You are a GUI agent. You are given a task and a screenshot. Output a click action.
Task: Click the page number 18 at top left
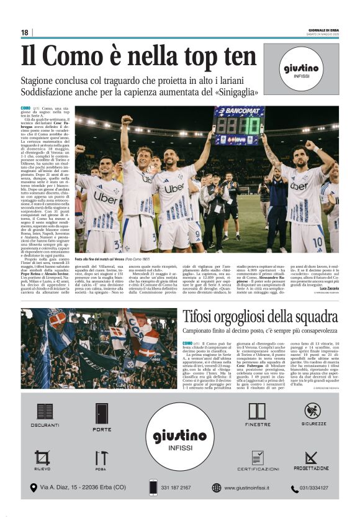(x=24, y=32)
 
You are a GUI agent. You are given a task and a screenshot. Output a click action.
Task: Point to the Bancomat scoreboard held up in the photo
(x=238, y=125)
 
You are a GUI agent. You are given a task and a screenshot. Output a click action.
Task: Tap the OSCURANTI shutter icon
(x=45, y=411)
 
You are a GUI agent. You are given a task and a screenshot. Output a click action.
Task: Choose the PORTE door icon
(x=102, y=413)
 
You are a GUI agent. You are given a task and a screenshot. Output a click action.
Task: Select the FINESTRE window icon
(x=257, y=411)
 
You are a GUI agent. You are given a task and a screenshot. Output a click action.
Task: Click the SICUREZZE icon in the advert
(x=312, y=411)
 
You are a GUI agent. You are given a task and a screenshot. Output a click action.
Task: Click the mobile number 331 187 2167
(x=176, y=488)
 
